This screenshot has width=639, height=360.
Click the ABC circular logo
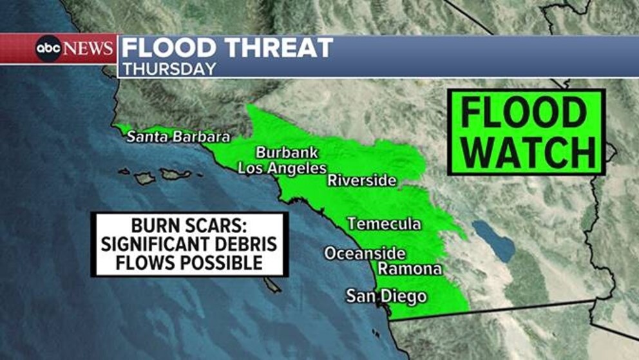[x=48, y=48]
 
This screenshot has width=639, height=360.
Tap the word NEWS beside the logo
[x=89, y=49]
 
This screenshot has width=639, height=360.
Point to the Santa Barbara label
[x=178, y=137]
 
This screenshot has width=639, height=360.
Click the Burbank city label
[x=283, y=153]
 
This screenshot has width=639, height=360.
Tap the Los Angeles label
[x=282, y=169]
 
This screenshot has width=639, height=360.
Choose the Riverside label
[x=361, y=180]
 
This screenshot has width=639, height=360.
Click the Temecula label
[x=384, y=224]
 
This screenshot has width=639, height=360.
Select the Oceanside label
[x=365, y=253]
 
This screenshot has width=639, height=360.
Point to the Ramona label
[x=410, y=269]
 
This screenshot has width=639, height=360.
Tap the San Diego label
[x=386, y=296]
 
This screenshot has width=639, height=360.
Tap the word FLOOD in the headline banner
[x=165, y=48]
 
